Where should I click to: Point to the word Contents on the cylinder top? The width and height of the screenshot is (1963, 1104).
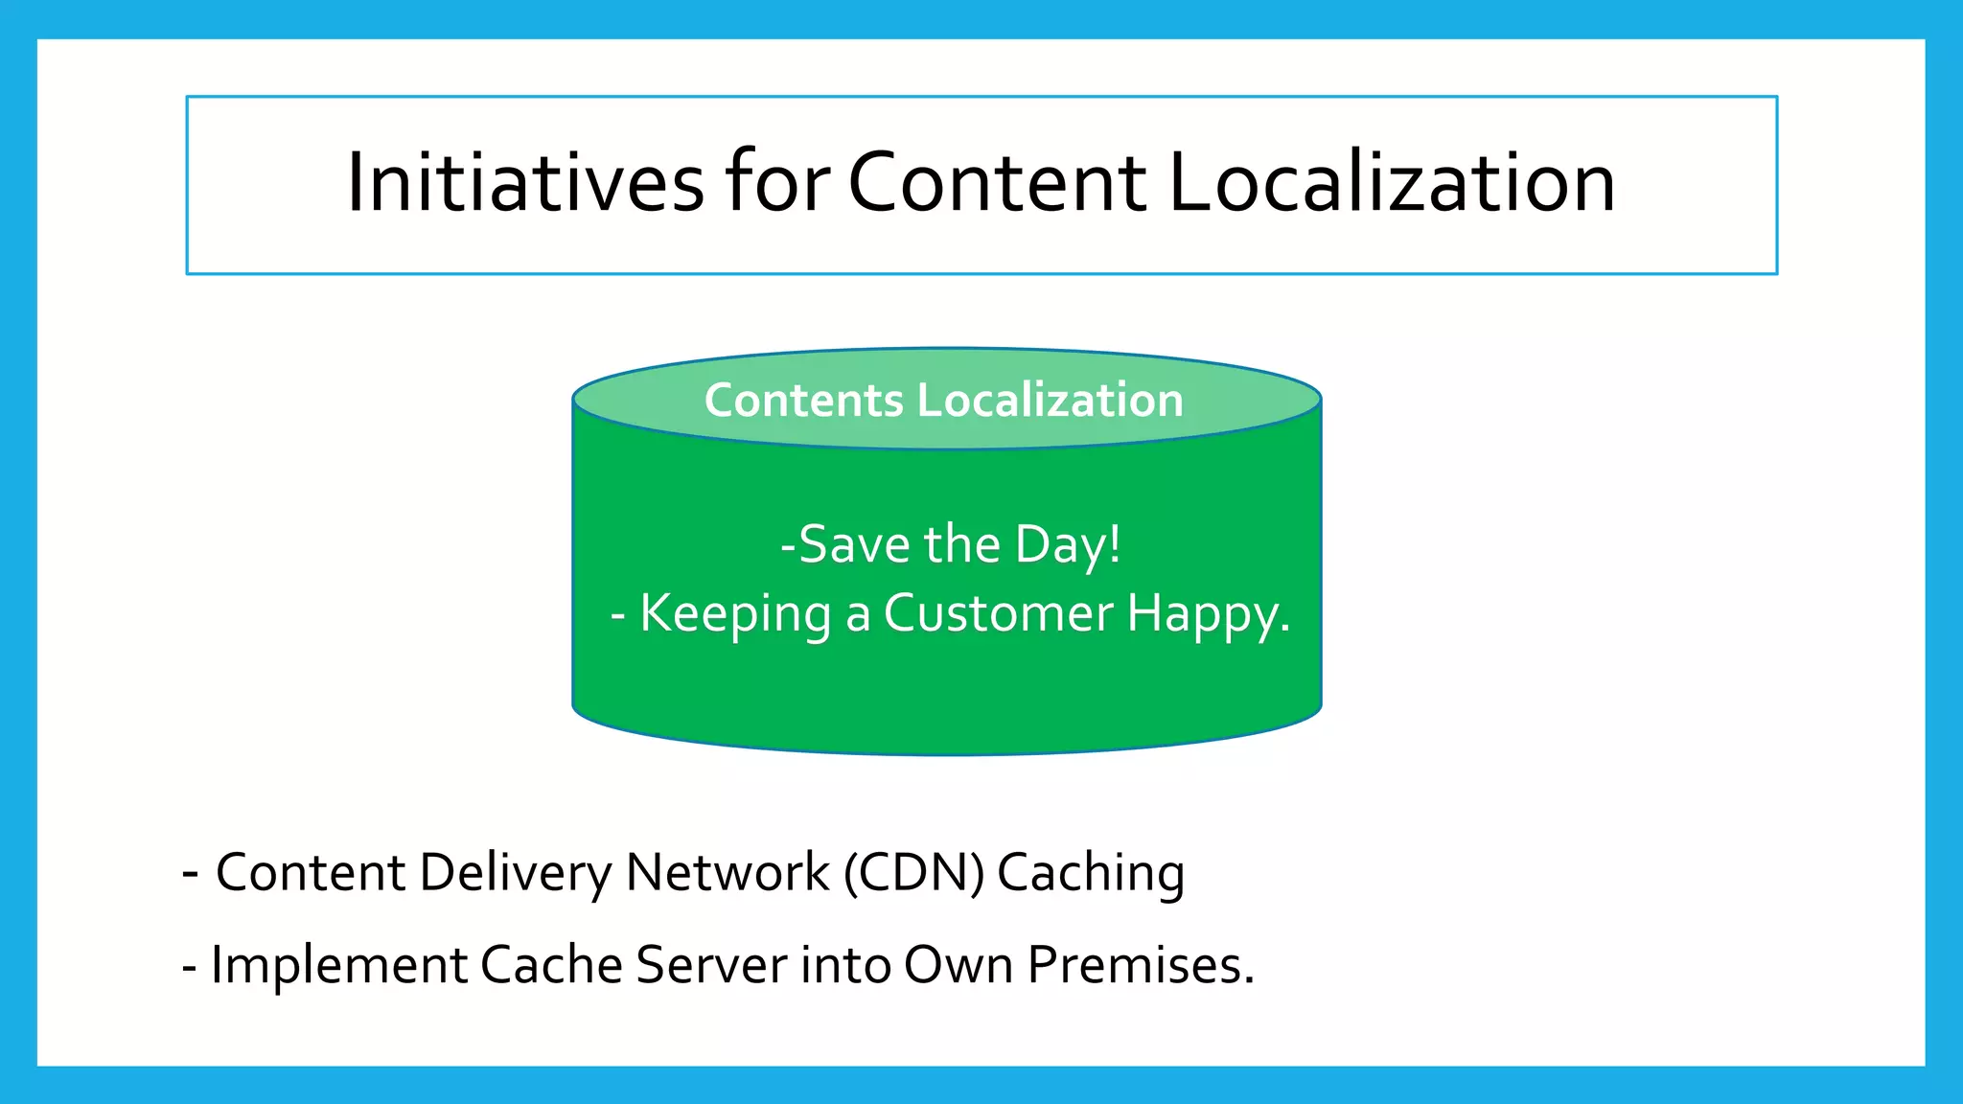pos(803,400)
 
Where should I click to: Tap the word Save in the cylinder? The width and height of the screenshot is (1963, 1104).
pos(854,544)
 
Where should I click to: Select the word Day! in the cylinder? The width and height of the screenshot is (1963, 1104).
pos(1068,544)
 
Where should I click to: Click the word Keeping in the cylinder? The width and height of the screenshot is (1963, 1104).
pos(735,614)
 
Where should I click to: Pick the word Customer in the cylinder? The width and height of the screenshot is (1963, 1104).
pos(998,613)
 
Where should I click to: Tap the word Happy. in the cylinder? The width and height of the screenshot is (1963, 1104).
pos(1209,614)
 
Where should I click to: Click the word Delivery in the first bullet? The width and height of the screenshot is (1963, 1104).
pos(516,873)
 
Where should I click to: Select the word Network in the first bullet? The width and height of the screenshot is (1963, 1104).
pos(727,872)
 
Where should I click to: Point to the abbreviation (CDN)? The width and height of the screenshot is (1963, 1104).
pos(913,873)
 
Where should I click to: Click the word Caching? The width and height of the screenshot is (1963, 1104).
pos(1091,873)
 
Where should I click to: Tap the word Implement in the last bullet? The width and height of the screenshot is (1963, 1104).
pos(339,965)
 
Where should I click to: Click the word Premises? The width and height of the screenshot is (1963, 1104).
pos(1141,964)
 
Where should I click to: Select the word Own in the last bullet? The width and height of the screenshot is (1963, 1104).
pos(958,964)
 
